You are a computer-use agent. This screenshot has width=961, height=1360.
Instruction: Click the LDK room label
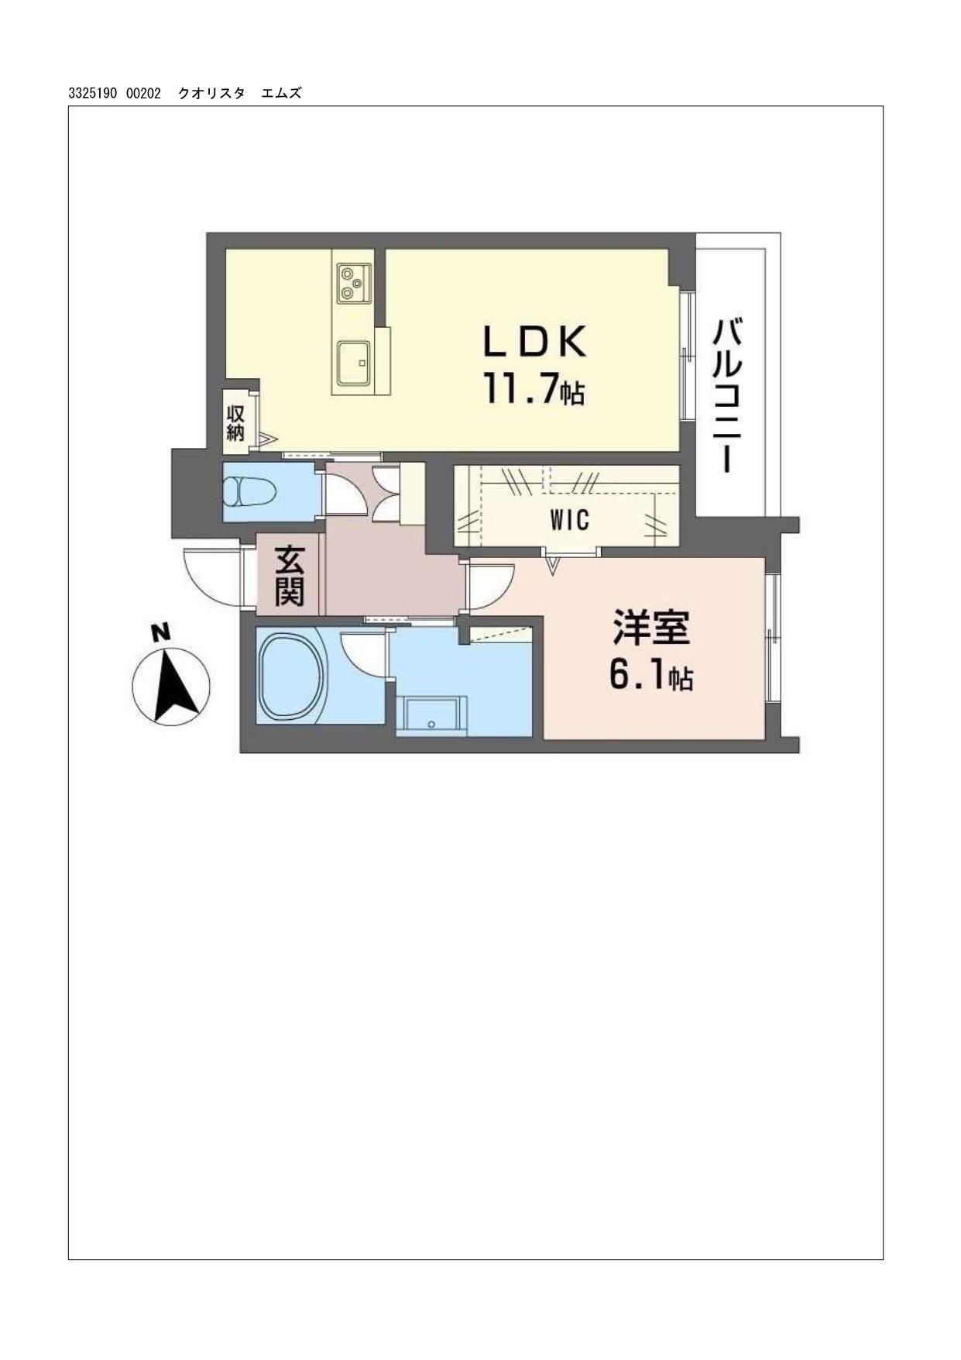534,341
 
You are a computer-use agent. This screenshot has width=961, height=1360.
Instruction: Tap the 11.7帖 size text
534,388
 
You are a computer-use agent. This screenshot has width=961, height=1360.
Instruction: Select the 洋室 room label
651,628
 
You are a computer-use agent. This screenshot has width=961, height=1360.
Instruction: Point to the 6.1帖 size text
650,676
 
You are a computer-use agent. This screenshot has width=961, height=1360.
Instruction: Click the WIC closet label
570,520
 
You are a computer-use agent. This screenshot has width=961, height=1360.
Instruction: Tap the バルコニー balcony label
728,394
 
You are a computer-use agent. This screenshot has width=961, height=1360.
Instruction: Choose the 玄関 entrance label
290,576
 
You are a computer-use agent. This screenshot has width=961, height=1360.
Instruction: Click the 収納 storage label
235,423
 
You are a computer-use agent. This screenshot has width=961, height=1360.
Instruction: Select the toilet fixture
249,491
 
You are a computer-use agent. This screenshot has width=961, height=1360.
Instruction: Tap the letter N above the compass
160,632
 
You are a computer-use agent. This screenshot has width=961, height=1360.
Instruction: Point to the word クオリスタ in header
211,94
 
